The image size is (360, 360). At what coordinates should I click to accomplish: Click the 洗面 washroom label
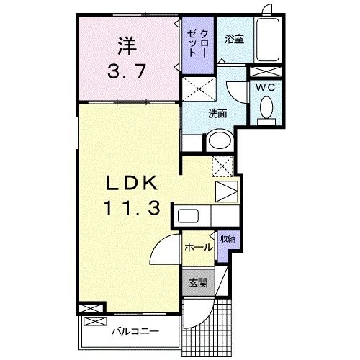pos(218,112)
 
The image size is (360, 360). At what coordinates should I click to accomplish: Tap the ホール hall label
pos(199,247)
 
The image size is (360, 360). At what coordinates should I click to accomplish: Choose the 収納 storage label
pos(227,238)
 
